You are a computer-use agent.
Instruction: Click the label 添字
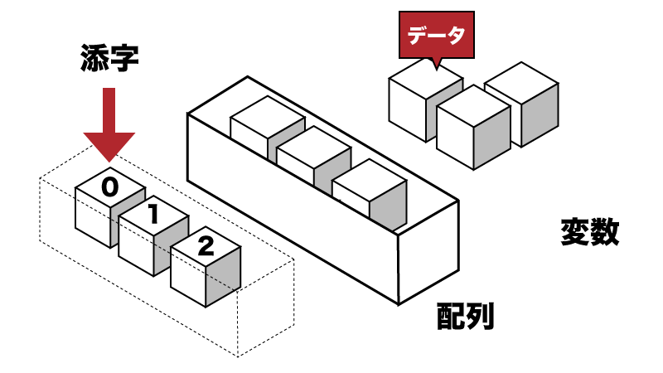(109, 59)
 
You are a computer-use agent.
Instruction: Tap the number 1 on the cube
(153, 215)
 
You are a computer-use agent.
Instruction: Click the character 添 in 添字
(94, 59)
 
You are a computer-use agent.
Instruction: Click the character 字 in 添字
(123, 59)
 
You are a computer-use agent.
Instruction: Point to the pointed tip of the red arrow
(109, 160)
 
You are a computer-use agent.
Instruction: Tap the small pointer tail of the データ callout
(434, 62)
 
